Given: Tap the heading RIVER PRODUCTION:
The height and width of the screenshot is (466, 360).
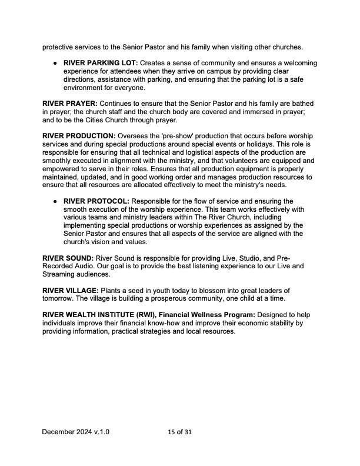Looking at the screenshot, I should (79, 135).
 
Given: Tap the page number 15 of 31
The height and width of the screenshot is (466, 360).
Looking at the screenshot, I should (179, 432).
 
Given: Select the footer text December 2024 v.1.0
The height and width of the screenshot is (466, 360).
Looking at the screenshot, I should (75, 432).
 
